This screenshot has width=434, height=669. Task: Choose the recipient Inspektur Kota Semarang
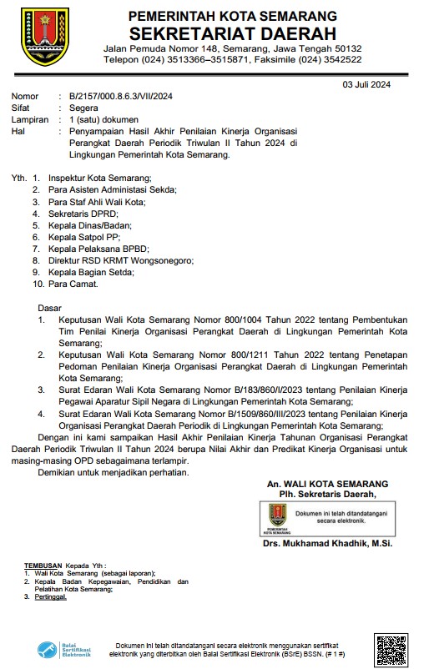(99, 179)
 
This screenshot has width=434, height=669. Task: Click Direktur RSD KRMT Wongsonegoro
(120, 260)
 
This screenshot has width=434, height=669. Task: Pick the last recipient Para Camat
(73, 284)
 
